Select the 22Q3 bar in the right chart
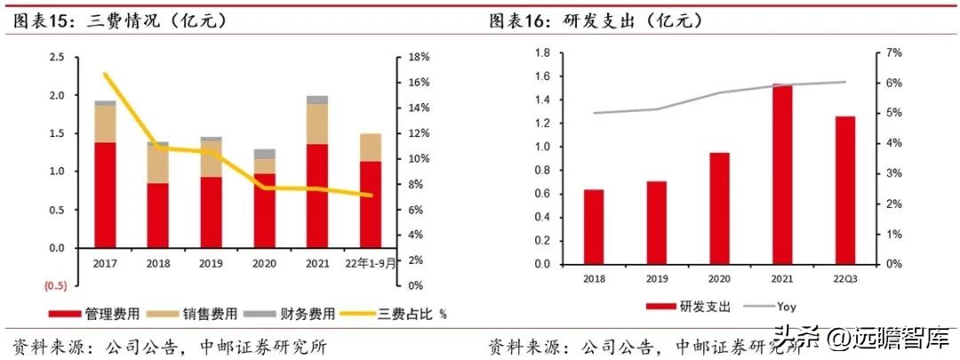tap(844, 190)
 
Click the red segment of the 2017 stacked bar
tap(105, 195)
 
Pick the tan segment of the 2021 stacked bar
tap(316, 124)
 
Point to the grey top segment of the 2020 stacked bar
tap(264, 154)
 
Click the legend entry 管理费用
tap(94, 313)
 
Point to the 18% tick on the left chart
tap(418, 57)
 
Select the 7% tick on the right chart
tap(893, 52)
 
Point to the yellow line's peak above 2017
tap(105, 74)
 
